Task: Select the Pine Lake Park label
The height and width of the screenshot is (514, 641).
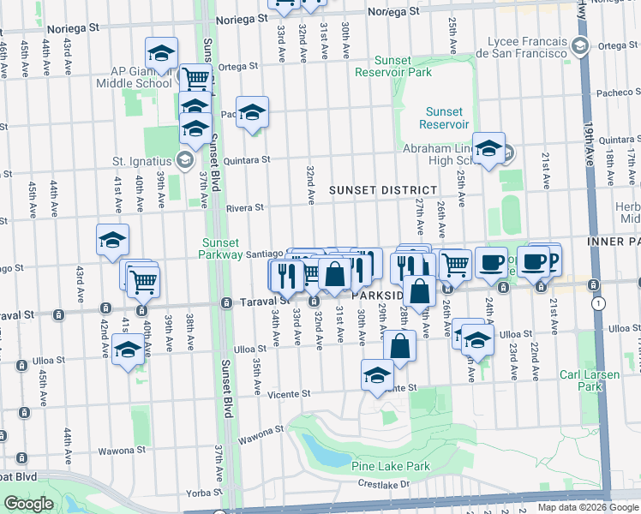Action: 390,467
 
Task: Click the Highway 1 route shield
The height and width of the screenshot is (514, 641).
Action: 598,303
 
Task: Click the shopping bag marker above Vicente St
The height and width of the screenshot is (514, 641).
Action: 400,347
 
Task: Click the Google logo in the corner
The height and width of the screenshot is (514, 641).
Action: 28,504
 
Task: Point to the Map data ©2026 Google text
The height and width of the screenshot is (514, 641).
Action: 588,507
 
